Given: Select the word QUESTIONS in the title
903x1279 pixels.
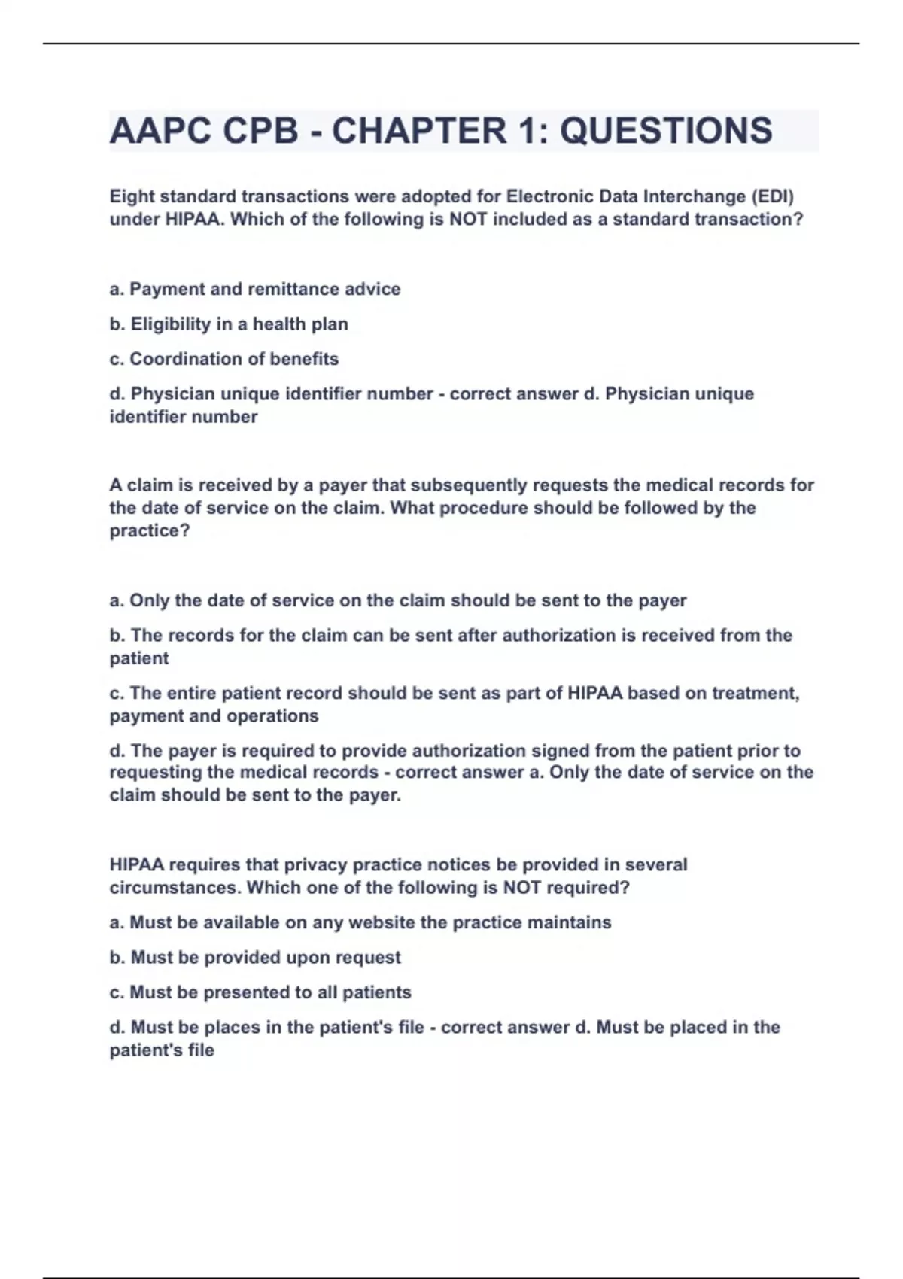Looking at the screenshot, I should [666, 131].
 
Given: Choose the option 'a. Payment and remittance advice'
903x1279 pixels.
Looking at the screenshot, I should [255, 289].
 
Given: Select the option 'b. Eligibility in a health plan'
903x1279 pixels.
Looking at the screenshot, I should [229, 324].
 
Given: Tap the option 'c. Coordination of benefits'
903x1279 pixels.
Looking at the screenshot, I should [224, 359].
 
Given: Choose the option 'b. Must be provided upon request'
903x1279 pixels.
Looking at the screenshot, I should [255, 958].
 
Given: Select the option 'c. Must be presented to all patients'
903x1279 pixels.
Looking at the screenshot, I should [260, 992].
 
